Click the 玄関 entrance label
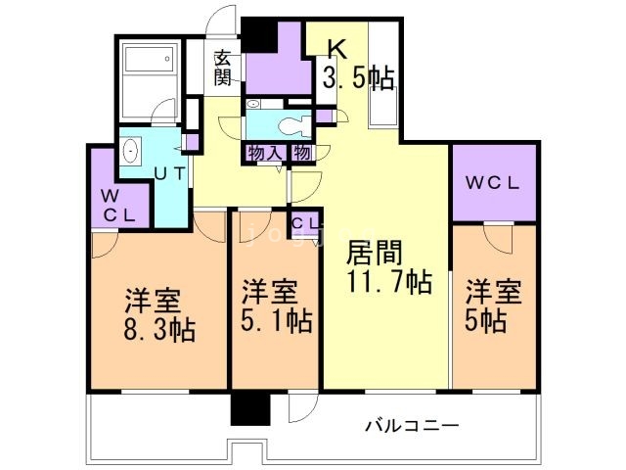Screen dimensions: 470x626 [224, 66]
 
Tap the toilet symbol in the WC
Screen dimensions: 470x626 [289, 125]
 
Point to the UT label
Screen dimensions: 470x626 [168, 175]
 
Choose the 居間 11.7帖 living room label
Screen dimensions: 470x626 [389, 267]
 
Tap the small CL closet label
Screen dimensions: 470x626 [303, 224]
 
